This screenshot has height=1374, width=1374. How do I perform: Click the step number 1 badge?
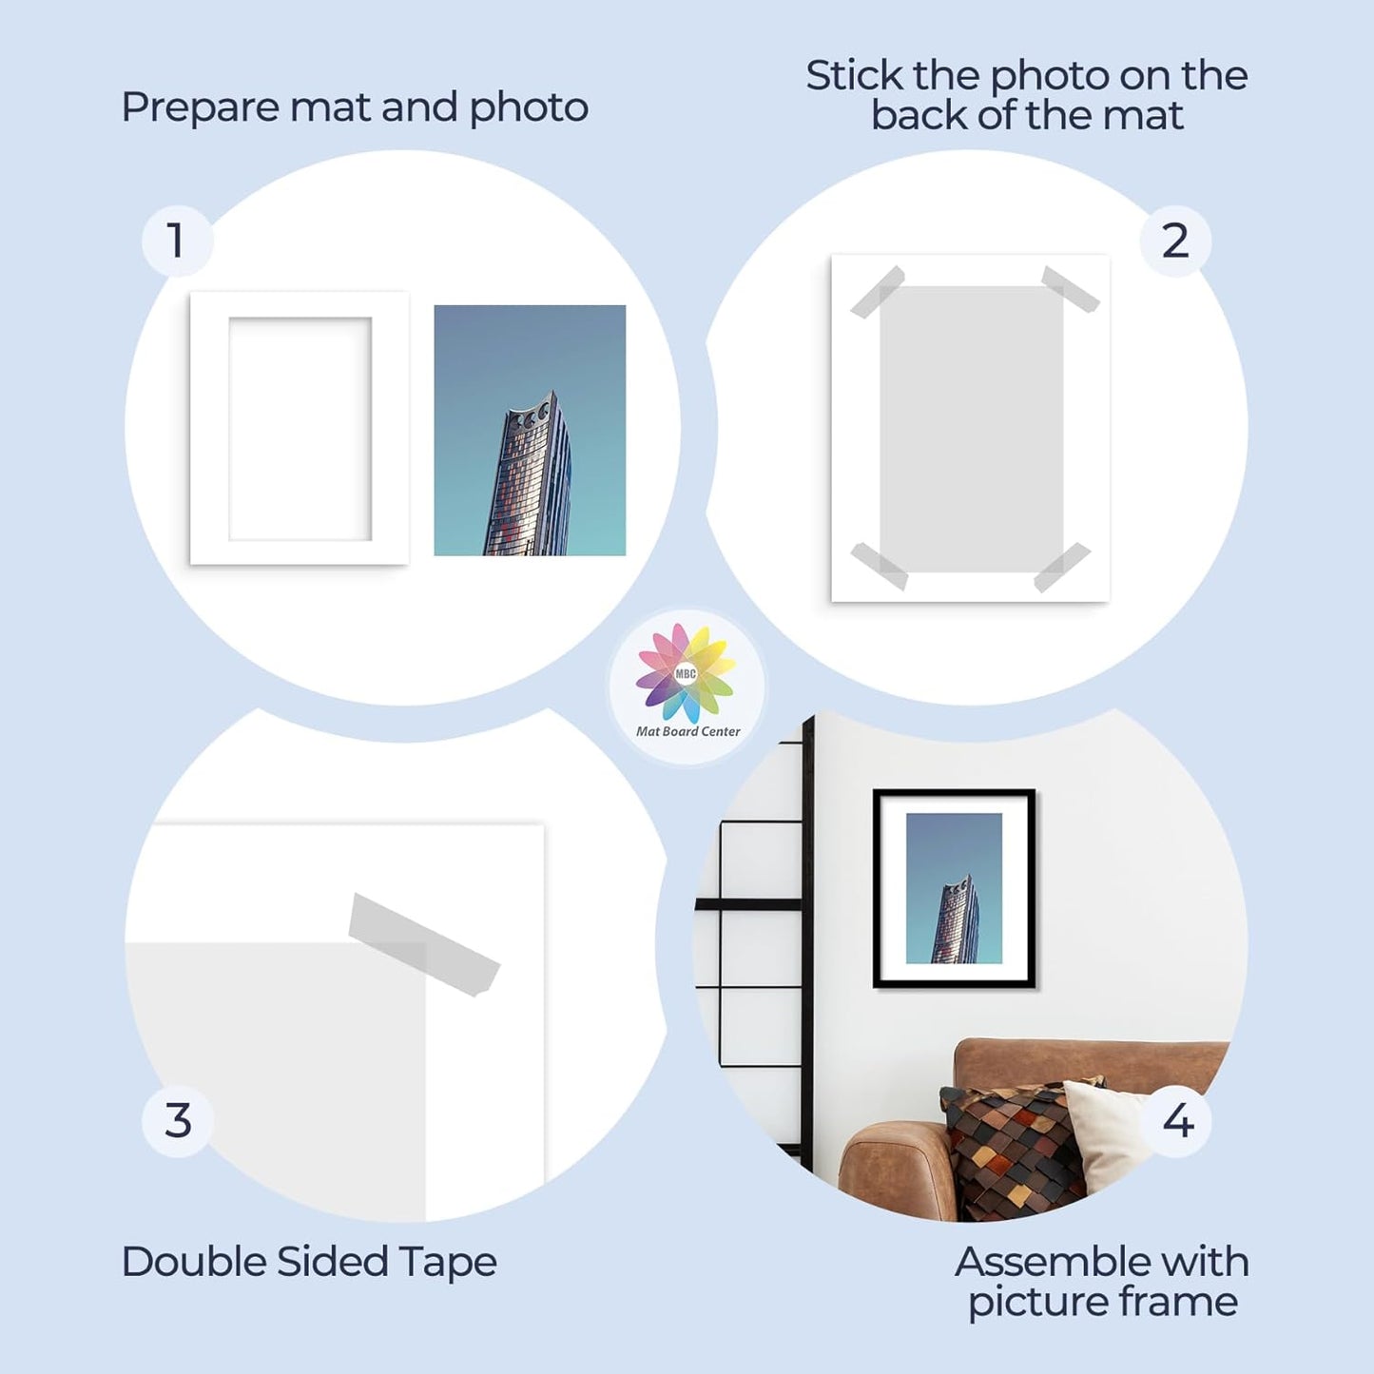[x=177, y=241]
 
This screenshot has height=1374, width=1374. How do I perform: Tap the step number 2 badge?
[x=1175, y=241]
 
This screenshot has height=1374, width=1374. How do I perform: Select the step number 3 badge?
[x=178, y=1121]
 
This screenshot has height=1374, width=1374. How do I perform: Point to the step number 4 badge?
[x=1178, y=1121]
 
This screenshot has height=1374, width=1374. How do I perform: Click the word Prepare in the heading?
[x=201, y=107]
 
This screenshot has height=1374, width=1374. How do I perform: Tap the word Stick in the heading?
[x=854, y=76]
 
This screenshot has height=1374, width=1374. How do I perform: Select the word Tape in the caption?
[x=448, y=1263]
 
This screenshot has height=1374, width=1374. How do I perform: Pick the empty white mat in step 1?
[x=300, y=428]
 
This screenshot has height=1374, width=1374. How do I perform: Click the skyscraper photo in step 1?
[x=530, y=430]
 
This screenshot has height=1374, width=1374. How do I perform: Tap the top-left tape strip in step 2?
[x=877, y=292]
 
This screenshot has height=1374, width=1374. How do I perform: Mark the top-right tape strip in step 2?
[x=1071, y=289]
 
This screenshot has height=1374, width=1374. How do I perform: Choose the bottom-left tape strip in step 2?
[x=879, y=566]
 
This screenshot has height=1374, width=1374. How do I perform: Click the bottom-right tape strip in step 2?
[x=1062, y=567]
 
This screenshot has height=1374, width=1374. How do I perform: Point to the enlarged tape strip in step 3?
[x=423, y=944]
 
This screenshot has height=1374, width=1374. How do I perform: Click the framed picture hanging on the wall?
[x=954, y=889]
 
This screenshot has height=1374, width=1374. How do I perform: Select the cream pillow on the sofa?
[x=1108, y=1132]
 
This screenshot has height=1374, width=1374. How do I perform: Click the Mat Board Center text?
[x=687, y=731]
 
